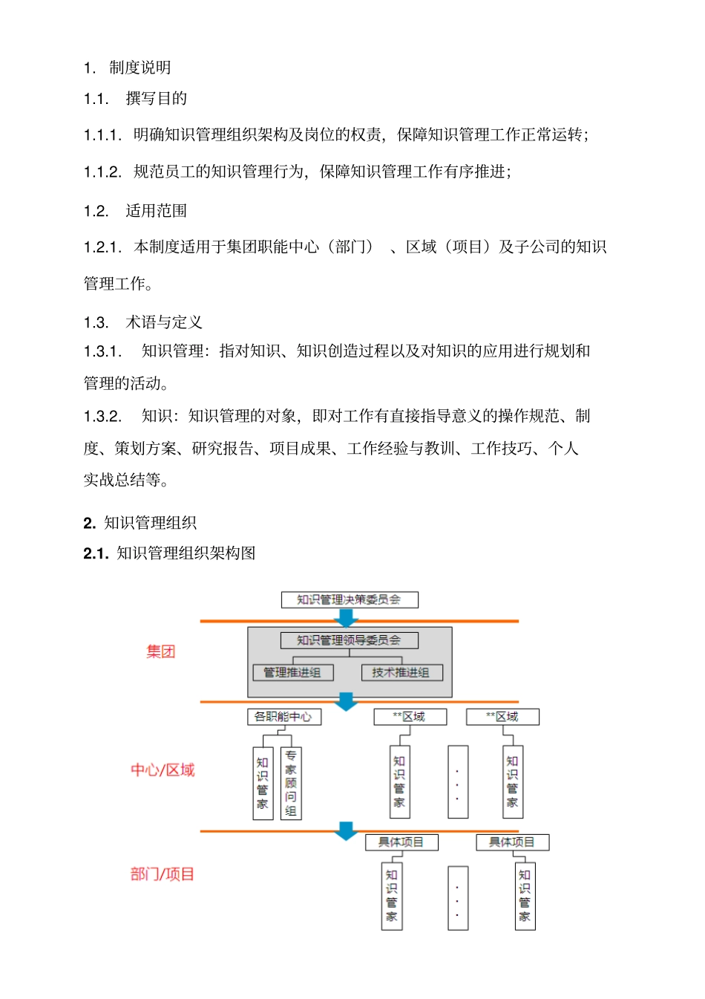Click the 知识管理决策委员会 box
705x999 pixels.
pyautogui.click(x=349, y=599)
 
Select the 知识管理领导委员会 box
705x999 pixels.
pyautogui.click(x=349, y=640)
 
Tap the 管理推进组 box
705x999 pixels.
pyautogui.click(x=292, y=672)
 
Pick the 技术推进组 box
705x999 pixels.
pyautogui.click(x=401, y=672)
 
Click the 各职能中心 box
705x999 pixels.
pyautogui.click(x=283, y=717)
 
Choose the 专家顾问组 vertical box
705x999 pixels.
pyautogui.click(x=291, y=784)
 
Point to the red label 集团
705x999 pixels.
pyautogui.click(x=160, y=652)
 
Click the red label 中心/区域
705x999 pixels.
pyautogui.click(x=163, y=770)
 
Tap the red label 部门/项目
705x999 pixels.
pyautogui.click(x=163, y=874)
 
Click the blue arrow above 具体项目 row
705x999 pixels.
pyautogui.click(x=346, y=830)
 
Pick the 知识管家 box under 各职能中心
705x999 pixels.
pyautogui.click(x=263, y=784)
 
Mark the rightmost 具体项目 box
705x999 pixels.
pyautogui.click(x=512, y=842)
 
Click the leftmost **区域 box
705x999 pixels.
pyautogui.click(x=410, y=717)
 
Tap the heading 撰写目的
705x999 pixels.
pyautogui.click(x=156, y=99)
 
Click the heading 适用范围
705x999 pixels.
pyautogui.click(x=156, y=211)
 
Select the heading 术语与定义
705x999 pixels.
pyautogui.click(x=164, y=322)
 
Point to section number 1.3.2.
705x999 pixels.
pyautogui.click(x=102, y=416)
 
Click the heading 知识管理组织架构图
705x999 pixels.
pyautogui.click(x=186, y=553)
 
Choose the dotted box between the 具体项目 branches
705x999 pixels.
pyautogui.click(x=458, y=897)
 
